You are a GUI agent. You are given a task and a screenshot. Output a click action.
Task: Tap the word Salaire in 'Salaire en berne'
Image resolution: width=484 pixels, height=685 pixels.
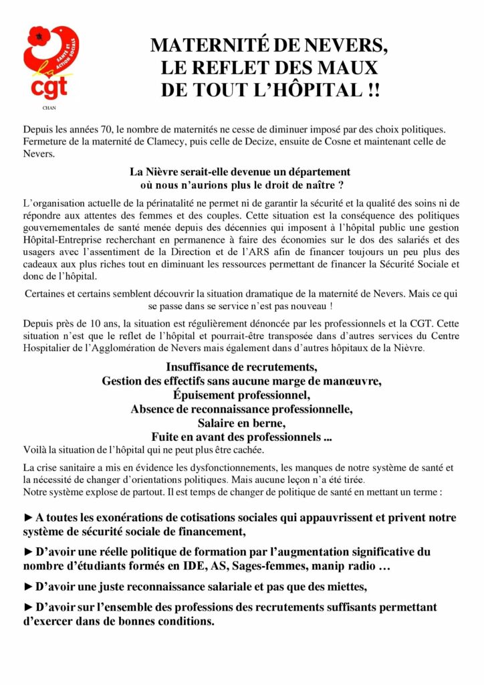pyautogui.click(x=215, y=423)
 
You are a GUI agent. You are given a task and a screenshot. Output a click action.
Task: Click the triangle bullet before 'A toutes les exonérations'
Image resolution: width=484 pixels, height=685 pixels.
pyautogui.click(x=27, y=518)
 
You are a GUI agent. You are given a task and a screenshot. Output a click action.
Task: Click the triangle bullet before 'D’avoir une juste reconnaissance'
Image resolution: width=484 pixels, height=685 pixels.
pyautogui.click(x=27, y=587)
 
